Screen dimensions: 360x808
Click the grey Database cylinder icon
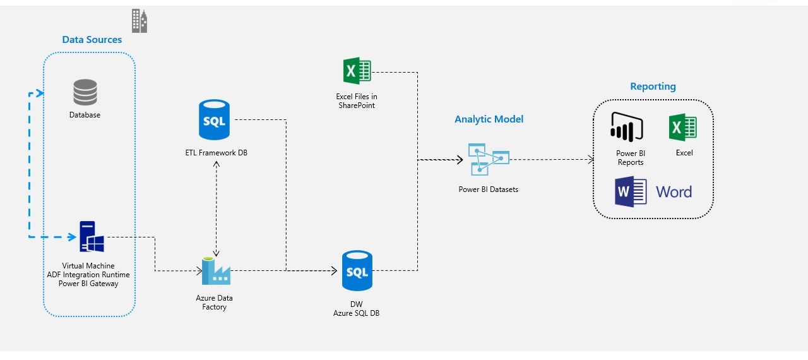click(x=85, y=92)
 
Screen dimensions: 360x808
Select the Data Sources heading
click(x=92, y=40)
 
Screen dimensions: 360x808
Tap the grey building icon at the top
click(x=139, y=21)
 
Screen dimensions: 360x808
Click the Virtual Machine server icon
click(x=91, y=237)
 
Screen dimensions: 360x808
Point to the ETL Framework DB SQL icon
click(x=214, y=119)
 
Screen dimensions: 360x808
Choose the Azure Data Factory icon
click(x=216, y=271)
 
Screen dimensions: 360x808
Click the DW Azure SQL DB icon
click(x=357, y=271)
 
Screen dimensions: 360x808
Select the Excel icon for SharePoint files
click(x=357, y=71)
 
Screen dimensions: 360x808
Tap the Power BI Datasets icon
click(x=488, y=159)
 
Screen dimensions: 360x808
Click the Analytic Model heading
click(x=489, y=119)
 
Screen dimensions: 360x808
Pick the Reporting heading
click(x=653, y=87)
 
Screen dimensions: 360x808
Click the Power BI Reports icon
click(x=626, y=126)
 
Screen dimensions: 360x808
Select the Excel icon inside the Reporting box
click(x=682, y=128)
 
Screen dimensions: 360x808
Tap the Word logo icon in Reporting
click(x=631, y=192)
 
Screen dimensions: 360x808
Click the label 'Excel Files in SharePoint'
click(x=356, y=101)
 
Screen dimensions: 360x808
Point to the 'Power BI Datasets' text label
click(x=488, y=189)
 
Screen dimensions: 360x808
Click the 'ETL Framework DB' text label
click(x=216, y=152)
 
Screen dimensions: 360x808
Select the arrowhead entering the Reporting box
click(x=590, y=160)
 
